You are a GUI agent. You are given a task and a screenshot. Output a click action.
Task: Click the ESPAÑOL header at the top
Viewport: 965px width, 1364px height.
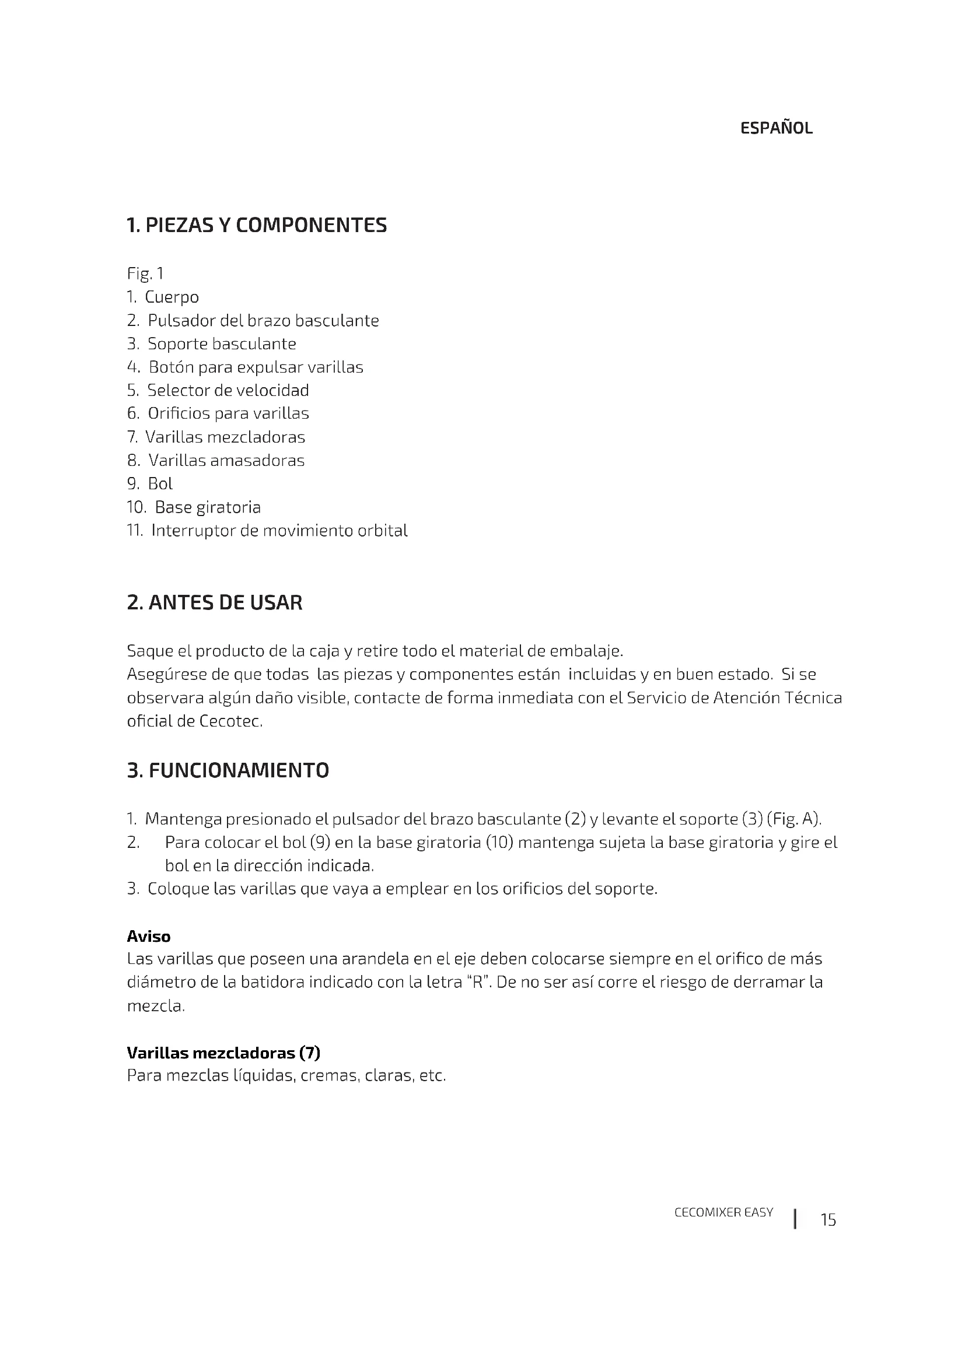click(776, 128)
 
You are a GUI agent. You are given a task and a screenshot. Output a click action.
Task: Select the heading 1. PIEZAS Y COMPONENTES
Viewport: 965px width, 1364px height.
click(257, 225)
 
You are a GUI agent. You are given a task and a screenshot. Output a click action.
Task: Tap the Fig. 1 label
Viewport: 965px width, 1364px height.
click(145, 273)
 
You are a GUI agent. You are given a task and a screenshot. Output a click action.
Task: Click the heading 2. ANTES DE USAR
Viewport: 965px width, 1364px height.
click(215, 602)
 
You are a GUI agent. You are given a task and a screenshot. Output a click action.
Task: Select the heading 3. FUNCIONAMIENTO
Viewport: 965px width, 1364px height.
click(228, 770)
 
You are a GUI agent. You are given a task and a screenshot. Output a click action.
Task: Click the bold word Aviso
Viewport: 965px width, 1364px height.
click(149, 937)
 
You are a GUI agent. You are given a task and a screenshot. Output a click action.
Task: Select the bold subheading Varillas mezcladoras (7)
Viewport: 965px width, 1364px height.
click(223, 1053)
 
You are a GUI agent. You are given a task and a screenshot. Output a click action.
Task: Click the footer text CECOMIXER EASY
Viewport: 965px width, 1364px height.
click(723, 1212)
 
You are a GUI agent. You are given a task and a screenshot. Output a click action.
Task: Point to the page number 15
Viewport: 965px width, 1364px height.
click(828, 1220)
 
